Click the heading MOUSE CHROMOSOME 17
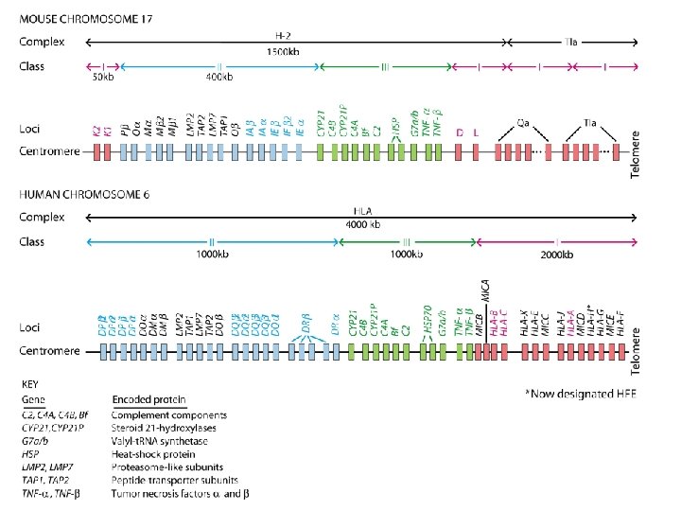(x=87, y=19)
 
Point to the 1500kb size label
(x=283, y=51)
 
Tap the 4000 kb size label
(x=361, y=224)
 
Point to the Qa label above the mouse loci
(x=523, y=123)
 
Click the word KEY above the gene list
(x=32, y=384)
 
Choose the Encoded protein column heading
(x=149, y=399)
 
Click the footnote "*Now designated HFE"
(x=581, y=393)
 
